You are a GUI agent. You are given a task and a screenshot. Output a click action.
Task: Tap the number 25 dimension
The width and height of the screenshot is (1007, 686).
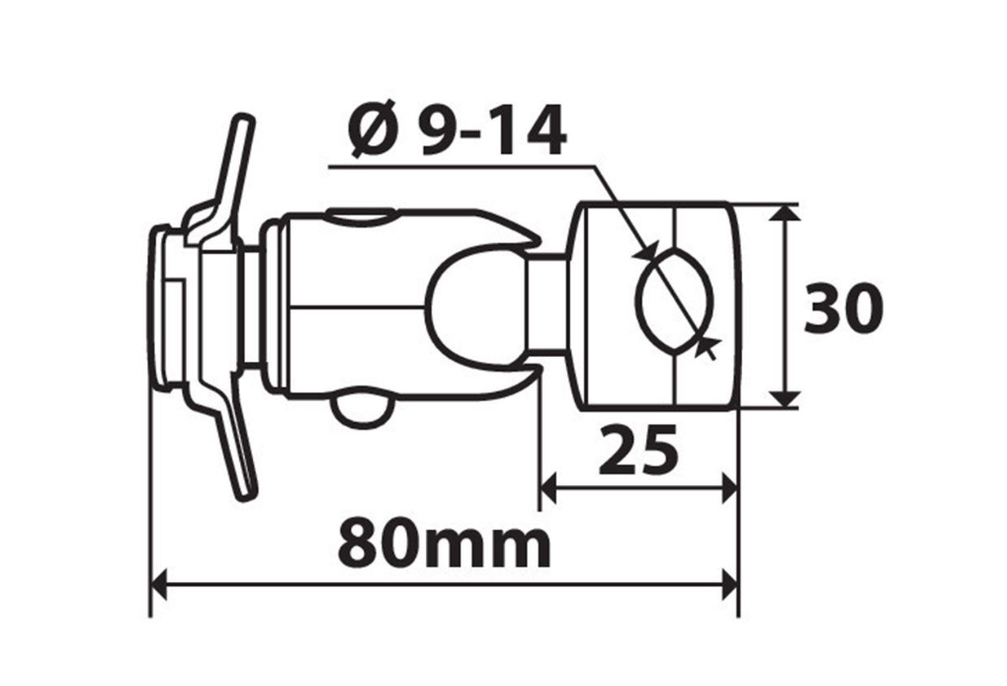coord(639,450)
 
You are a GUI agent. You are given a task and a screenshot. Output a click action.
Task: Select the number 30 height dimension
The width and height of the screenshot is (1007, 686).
coord(841,308)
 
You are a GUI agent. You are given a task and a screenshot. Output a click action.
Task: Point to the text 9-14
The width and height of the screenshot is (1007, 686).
coord(491,133)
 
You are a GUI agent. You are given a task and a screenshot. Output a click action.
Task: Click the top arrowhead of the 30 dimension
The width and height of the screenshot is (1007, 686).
coord(786,214)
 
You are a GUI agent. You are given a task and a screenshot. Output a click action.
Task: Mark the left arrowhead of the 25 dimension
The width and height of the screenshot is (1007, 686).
coord(549,485)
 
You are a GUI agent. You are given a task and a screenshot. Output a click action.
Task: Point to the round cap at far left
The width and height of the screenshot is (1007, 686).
coord(162,308)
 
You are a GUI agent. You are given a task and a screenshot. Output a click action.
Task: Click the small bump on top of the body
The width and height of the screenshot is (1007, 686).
coord(359,214)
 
